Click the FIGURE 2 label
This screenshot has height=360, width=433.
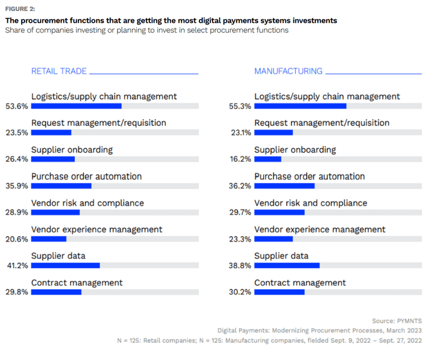point(20,9)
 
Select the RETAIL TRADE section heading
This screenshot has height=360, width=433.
point(59,71)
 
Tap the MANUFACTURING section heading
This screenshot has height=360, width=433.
point(288,71)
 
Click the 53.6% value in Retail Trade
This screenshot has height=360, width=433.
point(17,106)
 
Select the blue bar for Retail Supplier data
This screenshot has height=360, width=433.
point(66,265)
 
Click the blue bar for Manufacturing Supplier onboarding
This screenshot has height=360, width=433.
point(268,159)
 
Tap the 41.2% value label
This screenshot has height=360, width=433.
point(17,265)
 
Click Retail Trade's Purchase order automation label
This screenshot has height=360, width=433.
point(87,177)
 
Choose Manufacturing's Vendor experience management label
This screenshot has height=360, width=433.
point(320,230)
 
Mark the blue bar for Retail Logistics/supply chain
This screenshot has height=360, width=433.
point(76,106)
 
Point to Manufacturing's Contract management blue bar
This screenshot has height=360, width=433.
point(279,292)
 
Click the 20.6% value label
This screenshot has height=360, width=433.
point(17,239)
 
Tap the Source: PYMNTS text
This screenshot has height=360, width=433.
point(397,321)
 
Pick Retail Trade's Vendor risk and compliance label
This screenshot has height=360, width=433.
point(88,203)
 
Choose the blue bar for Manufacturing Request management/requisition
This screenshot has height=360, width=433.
point(273,132)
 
